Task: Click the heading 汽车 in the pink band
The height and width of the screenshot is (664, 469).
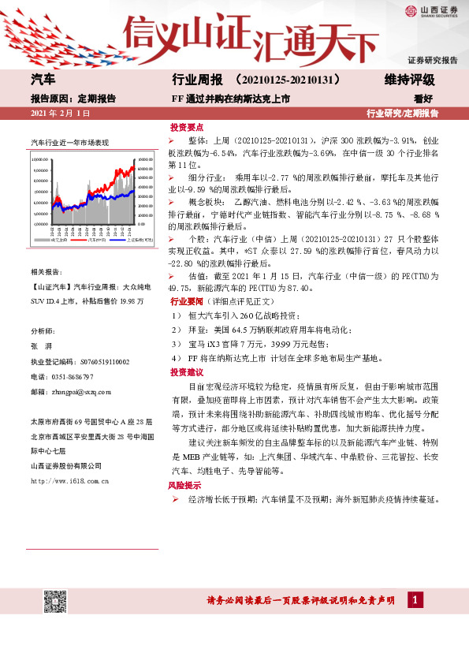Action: [x=43, y=80]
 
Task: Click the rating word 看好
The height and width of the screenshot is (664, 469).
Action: [x=425, y=99]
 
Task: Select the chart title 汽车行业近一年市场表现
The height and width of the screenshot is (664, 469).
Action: [x=69, y=143]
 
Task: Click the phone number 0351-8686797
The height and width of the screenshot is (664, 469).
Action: [x=73, y=377]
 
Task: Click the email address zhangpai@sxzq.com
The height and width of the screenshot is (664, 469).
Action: [x=80, y=391]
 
